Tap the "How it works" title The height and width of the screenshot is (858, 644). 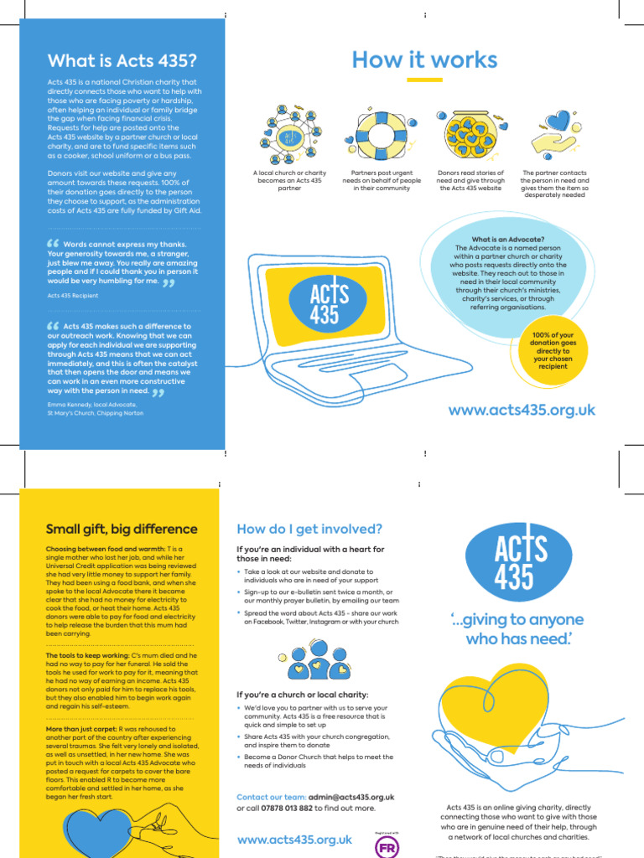click(x=424, y=59)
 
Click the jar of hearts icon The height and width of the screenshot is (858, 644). click(x=470, y=134)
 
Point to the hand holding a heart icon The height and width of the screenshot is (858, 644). click(x=553, y=132)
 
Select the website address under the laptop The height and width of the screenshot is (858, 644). click(x=522, y=410)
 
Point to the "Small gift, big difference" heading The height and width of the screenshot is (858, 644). click(x=122, y=529)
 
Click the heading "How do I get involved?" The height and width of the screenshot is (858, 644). click(x=309, y=529)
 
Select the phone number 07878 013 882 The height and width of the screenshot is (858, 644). click(x=288, y=809)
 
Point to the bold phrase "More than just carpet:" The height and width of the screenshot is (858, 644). click(x=81, y=729)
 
